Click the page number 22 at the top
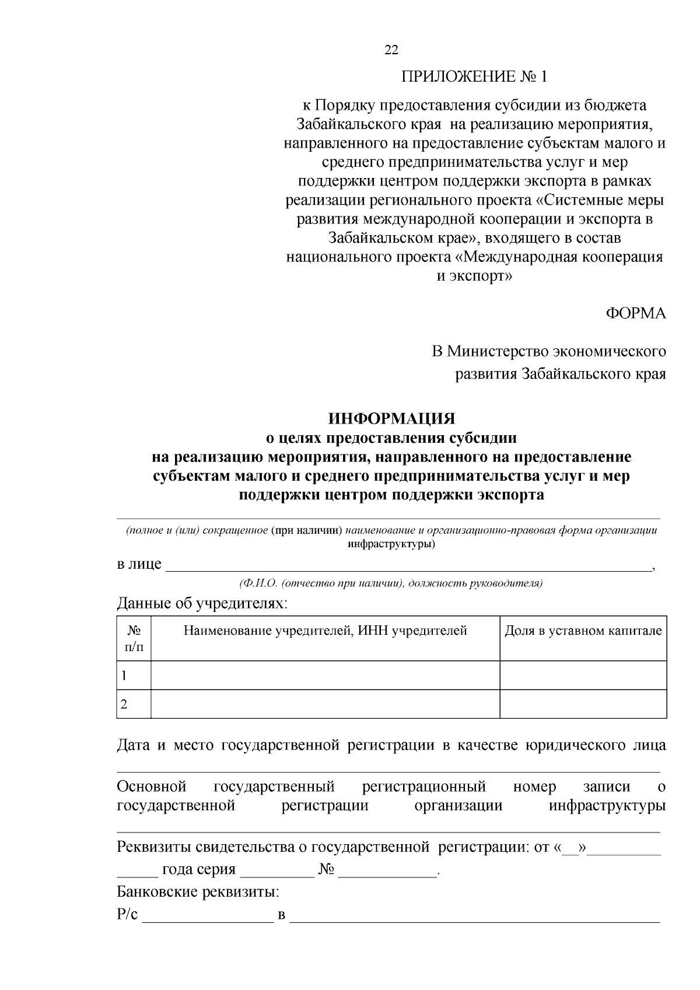tap(391, 50)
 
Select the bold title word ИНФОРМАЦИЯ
tap(391, 419)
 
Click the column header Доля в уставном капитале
tap(583, 631)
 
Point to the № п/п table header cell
tap(134, 638)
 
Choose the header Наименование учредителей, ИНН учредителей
tap(325, 631)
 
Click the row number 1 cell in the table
tap(134, 676)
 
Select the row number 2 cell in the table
tap(134, 704)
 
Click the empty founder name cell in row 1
tap(325, 676)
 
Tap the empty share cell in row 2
tap(583, 704)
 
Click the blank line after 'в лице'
tap(408, 566)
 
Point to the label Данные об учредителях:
tap(202, 603)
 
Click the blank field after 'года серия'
tap(277, 870)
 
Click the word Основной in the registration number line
tap(152, 787)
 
